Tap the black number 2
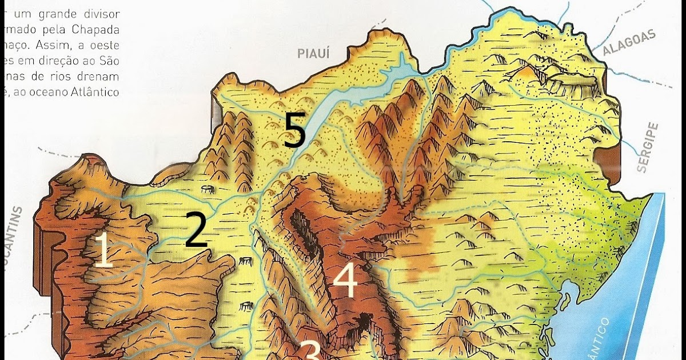[196, 229]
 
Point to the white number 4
[345, 281]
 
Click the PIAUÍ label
[314, 54]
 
